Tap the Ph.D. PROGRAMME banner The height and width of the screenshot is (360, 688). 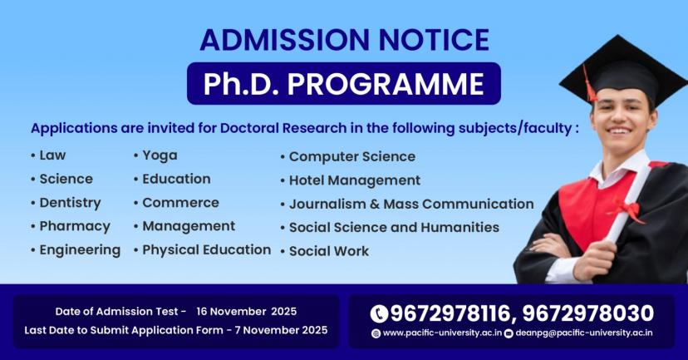(344, 84)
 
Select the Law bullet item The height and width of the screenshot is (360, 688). (52, 155)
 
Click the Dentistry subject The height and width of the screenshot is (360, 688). (70, 202)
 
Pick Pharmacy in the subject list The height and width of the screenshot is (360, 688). (75, 226)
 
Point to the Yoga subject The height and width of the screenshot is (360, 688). (160, 155)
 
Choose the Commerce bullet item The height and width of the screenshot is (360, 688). (180, 202)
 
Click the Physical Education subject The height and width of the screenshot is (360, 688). (206, 249)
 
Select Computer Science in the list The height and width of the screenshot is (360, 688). (351, 156)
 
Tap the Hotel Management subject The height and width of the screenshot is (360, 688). (355, 180)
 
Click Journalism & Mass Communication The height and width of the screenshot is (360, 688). (411, 204)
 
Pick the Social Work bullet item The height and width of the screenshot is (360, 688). (328, 250)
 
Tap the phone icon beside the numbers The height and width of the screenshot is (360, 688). (380, 313)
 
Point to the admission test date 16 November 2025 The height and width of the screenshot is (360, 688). (246, 312)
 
